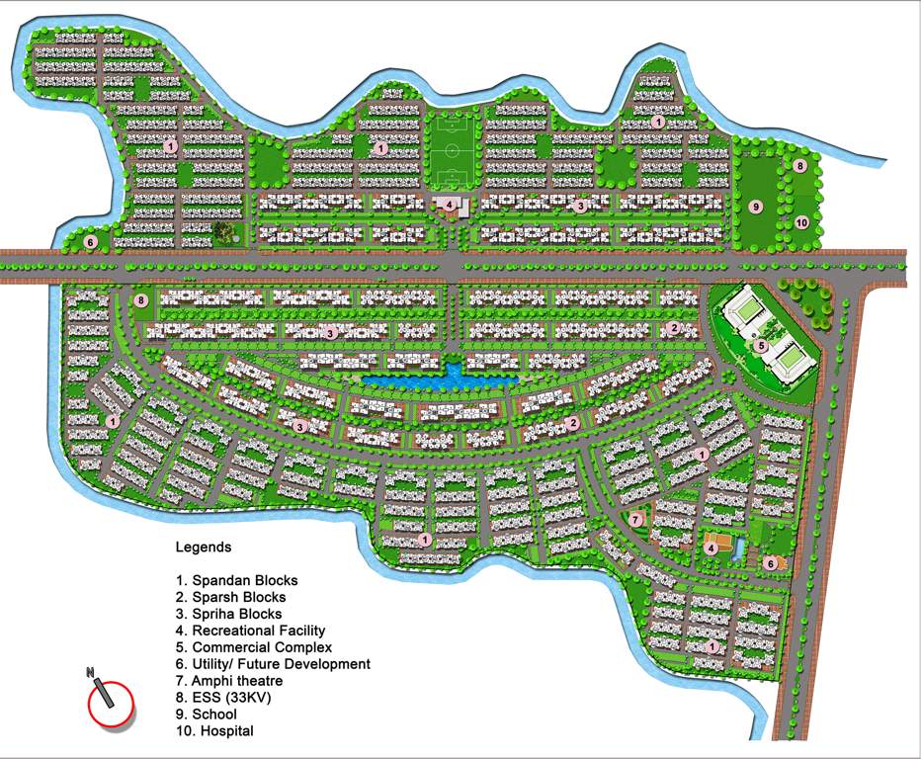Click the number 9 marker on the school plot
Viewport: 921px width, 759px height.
pos(755,207)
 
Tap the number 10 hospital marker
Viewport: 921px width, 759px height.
pos(801,222)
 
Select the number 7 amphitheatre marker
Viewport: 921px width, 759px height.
pos(636,519)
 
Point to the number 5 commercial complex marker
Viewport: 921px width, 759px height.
pos(760,346)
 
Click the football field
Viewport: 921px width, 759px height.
pos(454,152)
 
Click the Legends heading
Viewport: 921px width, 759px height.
pos(204,547)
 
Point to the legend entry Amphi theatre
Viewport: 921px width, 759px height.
pos(228,681)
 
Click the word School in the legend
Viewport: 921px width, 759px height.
pos(214,715)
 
